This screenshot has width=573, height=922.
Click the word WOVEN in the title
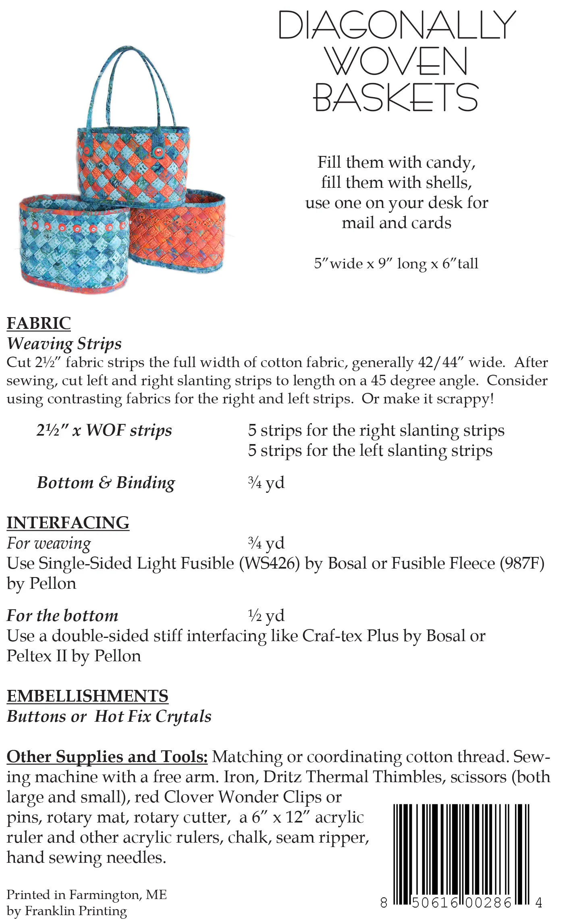click(x=396, y=61)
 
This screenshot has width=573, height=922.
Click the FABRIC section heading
click(x=39, y=323)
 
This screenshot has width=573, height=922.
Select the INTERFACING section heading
click(x=68, y=523)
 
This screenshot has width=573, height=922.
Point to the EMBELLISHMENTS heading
click(x=87, y=696)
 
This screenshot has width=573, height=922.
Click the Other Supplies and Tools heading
click(x=107, y=756)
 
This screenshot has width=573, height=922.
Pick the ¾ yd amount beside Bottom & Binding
click(x=266, y=482)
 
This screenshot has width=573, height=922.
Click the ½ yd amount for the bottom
click(x=266, y=615)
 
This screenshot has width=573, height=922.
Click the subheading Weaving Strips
click(x=64, y=343)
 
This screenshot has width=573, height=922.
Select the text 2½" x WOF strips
click(x=104, y=430)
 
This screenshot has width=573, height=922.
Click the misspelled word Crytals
click(x=183, y=716)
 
